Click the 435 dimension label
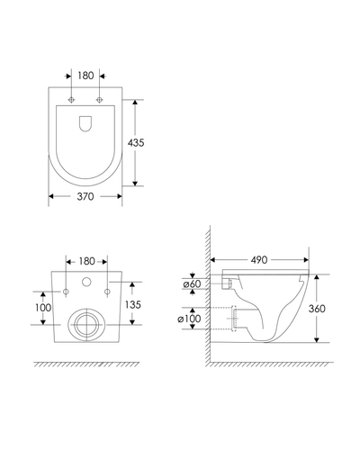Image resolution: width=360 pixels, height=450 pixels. click(136, 143)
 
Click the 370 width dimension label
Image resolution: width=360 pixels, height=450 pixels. click(85, 196)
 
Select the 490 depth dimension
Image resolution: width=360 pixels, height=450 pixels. click(259, 260)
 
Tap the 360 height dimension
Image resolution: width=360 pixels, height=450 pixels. click(317, 309)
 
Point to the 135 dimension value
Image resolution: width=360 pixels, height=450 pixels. click(133, 304)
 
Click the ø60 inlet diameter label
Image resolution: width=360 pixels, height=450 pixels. click(192, 283)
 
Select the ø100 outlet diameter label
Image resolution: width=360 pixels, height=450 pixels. click(189, 319)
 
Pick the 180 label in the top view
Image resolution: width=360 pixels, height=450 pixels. click(85, 76)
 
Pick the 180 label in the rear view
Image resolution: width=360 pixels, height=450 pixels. click(86, 261)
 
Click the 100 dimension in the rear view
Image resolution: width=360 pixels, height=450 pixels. click(43, 308)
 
